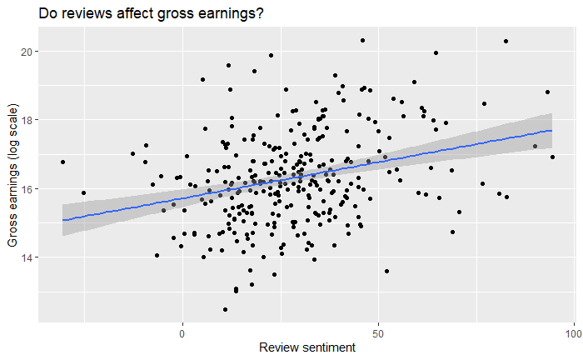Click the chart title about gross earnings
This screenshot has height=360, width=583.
pyautogui.click(x=151, y=13)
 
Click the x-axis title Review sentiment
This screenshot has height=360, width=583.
pyautogui.click(x=307, y=347)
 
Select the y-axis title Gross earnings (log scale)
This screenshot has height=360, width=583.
pyautogui.click(x=12, y=175)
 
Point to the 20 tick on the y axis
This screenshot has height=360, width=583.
pyautogui.click(x=27, y=52)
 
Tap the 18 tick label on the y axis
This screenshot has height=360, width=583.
pyautogui.click(x=27, y=120)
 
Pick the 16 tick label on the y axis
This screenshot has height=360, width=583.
pyautogui.click(x=27, y=189)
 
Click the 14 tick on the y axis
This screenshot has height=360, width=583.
pyautogui.click(x=27, y=257)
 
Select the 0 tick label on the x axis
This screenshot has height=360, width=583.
pyautogui.click(x=182, y=333)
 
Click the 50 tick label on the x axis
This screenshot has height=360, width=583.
pyautogui.click(x=378, y=333)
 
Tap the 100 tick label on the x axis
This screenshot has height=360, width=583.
pyautogui.click(x=574, y=333)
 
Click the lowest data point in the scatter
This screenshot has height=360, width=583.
pyautogui.click(x=225, y=309)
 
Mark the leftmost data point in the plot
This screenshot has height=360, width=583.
pyautogui.click(x=62, y=162)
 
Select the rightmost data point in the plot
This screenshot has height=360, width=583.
pyautogui.click(x=552, y=157)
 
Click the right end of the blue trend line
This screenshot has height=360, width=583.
pyautogui.click(x=551, y=131)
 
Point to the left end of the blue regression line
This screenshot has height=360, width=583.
pyautogui.click(x=62, y=220)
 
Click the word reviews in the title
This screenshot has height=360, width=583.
pyautogui.click(x=87, y=14)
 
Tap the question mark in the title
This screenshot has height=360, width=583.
pyautogui.click(x=260, y=13)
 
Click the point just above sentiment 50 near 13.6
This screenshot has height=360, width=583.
pyautogui.click(x=386, y=271)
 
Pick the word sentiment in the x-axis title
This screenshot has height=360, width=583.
pyautogui.click(x=329, y=347)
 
